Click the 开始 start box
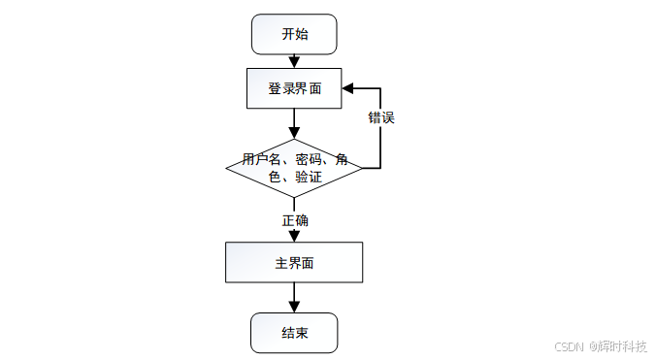click(x=294, y=34)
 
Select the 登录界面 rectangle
click(x=294, y=88)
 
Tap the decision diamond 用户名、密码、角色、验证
click(x=294, y=168)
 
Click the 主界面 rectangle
click(x=294, y=262)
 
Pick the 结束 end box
click(x=294, y=333)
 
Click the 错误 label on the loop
click(x=380, y=117)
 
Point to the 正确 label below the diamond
click(x=295, y=220)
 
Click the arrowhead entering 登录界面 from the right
click(x=348, y=88)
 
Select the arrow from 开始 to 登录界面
click(x=294, y=61)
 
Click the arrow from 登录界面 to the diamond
click(x=294, y=123)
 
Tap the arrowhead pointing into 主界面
click(x=294, y=236)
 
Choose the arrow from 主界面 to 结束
click(x=294, y=297)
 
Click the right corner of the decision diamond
click(x=361, y=168)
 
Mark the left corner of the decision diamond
click(x=227, y=168)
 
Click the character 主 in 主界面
click(x=281, y=263)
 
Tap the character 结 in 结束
click(x=288, y=333)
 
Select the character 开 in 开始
click(x=288, y=34)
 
